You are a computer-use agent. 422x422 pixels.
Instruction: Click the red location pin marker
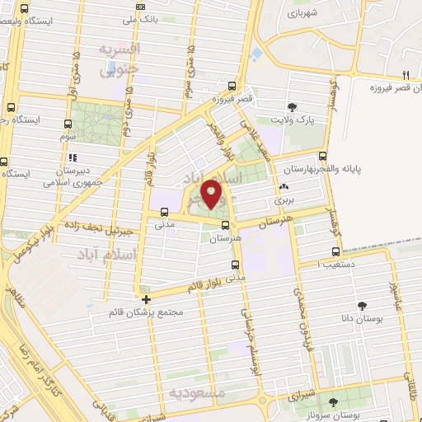click(x=212, y=195)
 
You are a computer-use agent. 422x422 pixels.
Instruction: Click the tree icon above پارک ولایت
click(x=292, y=106)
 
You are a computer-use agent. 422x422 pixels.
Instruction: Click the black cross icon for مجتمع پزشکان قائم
click(x=147, y=299)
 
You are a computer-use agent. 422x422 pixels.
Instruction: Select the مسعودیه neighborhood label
click(x=196, y=393)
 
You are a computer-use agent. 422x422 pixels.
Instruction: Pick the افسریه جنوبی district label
click(x=120, y=59)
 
